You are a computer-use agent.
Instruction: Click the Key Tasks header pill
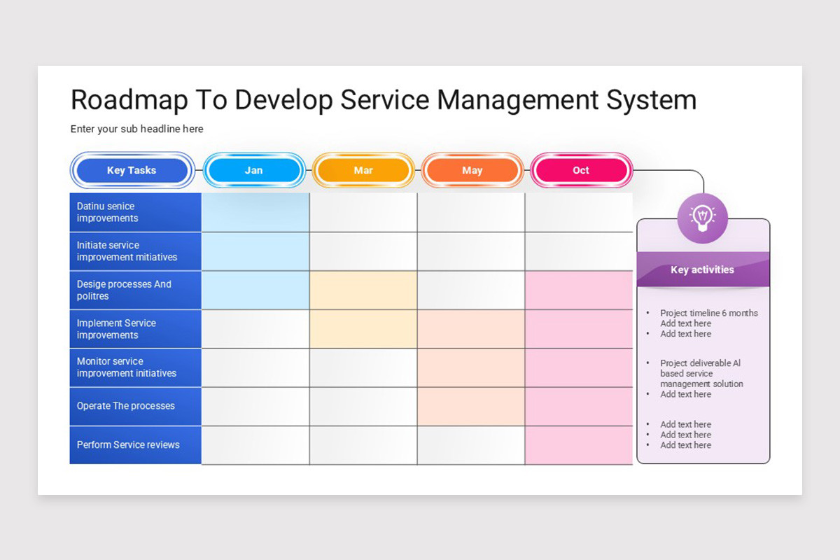click(x=132, y=170)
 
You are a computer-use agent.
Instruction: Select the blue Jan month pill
click(x=253, y=170)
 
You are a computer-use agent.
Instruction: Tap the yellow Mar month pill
click(x=363, y=170)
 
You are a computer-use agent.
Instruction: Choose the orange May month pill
click(x=472, y=170)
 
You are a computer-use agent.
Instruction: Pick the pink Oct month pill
click(x=581, y=170)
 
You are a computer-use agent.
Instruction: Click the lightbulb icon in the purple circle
click(x=702, y=218)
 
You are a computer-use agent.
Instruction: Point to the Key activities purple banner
click(x=702, y=269)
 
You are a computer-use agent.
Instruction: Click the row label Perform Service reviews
click(x=128, y=444)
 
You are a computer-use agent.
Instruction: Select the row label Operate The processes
click(x=126, y=406)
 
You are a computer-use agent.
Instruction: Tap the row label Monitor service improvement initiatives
click(x=127, y=367)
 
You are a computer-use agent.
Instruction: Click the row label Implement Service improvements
click(x=116, y=329)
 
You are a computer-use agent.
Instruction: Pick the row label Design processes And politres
click(x=124, y=290)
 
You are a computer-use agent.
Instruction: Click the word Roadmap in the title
click(x=129, y=100)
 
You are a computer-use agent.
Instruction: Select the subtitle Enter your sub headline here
click(x=136, y=129)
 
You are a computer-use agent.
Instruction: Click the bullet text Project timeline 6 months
click(x=708, y=313)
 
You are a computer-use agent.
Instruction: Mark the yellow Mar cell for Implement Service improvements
click(x=363, y=329)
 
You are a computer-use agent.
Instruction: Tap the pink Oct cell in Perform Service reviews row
click(x=578, y=445)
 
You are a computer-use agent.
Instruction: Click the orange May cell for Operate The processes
click(x=471, y=406)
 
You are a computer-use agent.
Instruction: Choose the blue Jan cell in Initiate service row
click(x=255, y=251)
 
